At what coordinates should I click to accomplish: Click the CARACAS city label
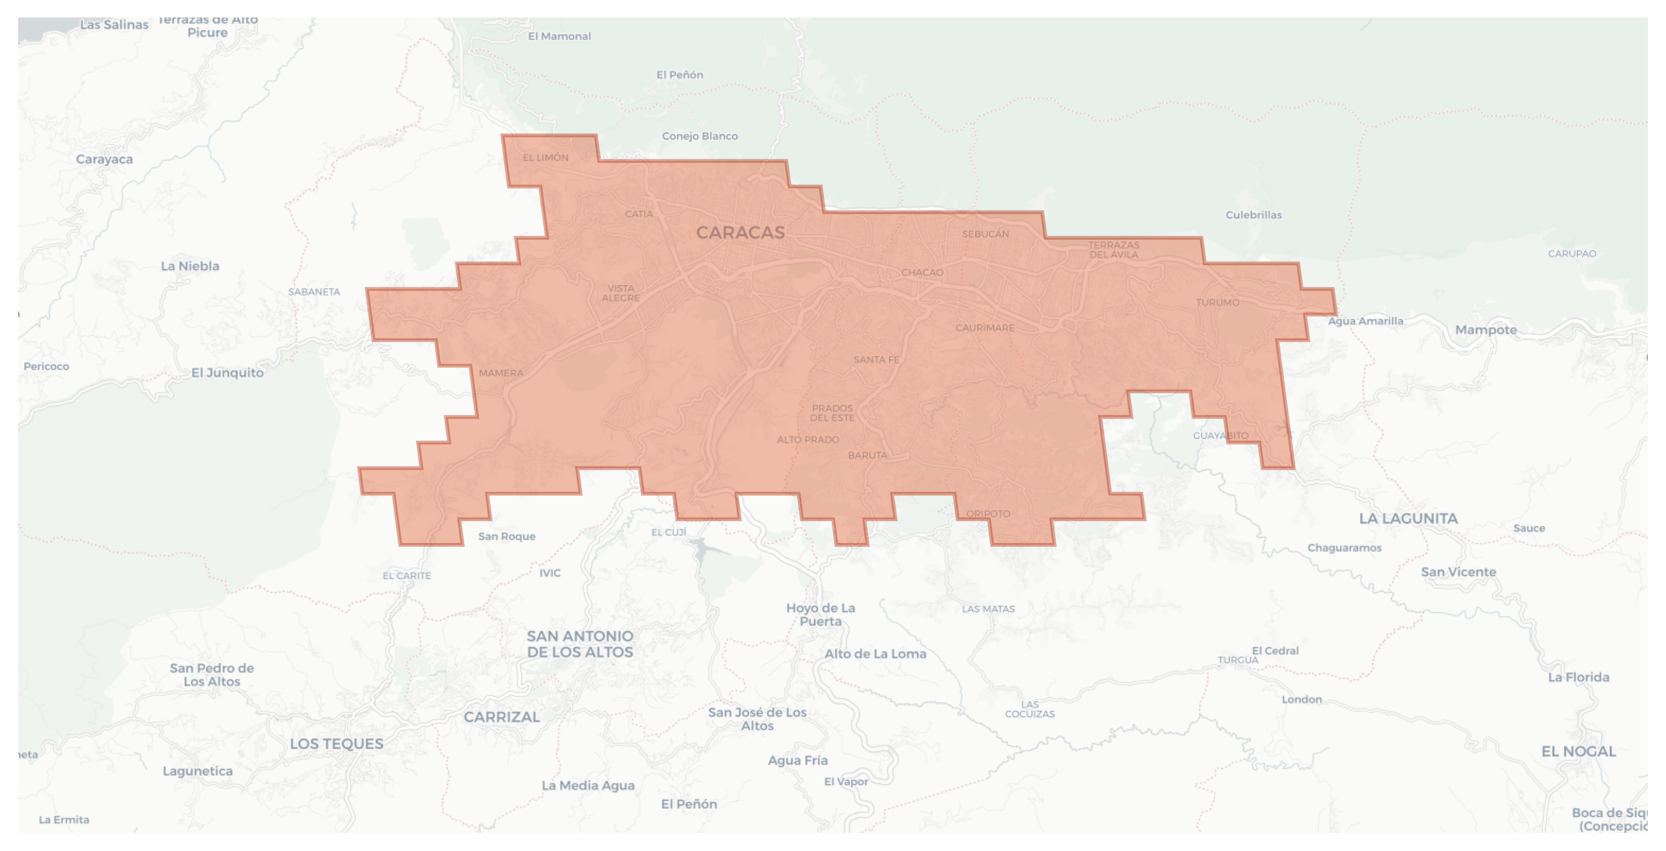(x=740, y=233)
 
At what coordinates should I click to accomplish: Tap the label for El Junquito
(x=228, y=373)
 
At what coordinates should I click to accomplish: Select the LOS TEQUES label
(x=336, y=743)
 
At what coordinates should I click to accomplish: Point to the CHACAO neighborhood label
(x=922, y=272)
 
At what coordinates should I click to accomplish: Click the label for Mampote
(x=1486, y=330)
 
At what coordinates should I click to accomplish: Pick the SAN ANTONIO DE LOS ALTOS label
(x=580, y=644)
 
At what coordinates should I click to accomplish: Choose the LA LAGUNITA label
(x=1408, y=518)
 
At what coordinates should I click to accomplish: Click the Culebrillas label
(x=1253, y=215)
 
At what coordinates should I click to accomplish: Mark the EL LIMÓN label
(x=546, y=157)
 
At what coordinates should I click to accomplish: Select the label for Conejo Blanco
(x=700, y=136)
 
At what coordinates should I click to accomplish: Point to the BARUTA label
(x=867, y=455)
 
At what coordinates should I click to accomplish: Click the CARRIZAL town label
(x=502, y=717)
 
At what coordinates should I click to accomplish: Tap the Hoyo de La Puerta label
(x=821, y=615)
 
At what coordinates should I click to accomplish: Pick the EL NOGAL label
(x=1578, y=751)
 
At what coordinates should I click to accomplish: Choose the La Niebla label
(x=190, y=266)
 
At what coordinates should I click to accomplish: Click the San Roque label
(x=506, y=536)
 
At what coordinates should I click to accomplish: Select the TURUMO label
(x=1217, y=302)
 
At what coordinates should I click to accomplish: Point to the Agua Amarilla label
(x=1366, y=321)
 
